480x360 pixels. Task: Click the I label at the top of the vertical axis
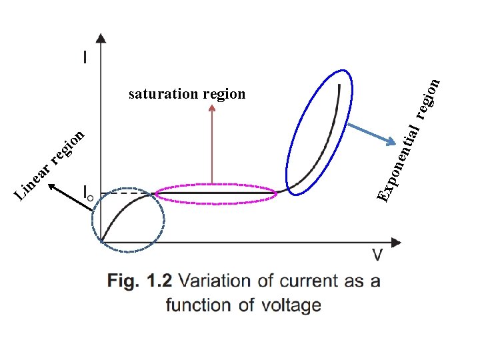click(x=85, y=58)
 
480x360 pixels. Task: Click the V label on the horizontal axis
click(x=377, y=254)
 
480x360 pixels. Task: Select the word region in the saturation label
click(x=225, y=95)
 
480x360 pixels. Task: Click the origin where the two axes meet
click(x=101, y=241)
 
